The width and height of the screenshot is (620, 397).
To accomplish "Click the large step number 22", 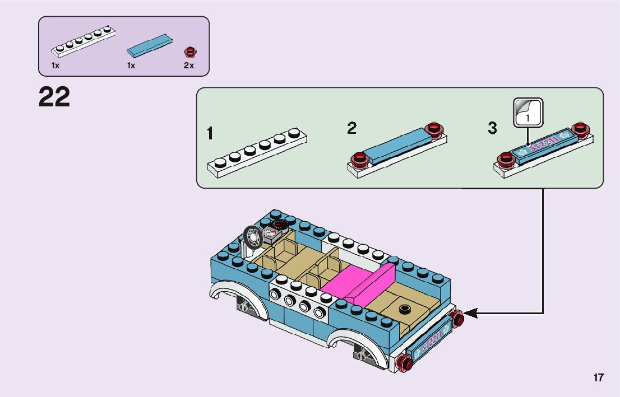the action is [54, 97].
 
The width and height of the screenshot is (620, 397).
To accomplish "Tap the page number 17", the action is [599, 377].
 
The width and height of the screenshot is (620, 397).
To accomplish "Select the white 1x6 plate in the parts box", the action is [84, 41].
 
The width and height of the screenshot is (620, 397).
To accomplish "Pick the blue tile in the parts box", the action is [150, 45].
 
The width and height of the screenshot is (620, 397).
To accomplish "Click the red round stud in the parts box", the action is [190, 52].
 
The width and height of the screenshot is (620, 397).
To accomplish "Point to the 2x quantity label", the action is [188, 66].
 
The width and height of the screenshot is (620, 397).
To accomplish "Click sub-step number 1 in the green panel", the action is [210, 133].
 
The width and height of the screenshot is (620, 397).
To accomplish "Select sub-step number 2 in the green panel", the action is [351, 128].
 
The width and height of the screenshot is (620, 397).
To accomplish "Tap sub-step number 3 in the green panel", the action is [492, 128].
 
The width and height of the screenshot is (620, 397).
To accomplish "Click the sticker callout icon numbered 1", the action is [528, 113].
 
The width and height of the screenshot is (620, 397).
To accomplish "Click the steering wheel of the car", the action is [252, 237].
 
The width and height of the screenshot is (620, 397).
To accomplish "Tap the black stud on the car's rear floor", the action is [404, 309].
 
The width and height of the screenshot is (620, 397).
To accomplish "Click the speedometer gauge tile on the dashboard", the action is [270, 233].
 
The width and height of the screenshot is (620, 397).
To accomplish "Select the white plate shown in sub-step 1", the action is [257, 153].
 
